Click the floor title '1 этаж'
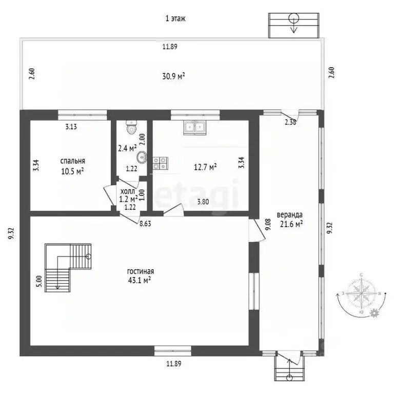click(175, 18)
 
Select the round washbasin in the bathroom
click(142, 157)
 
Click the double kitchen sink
click(194, 127)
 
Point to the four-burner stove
click(160, 163)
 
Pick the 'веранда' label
click(290, 214)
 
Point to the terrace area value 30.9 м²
click(173, 76)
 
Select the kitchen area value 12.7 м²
click(205, 166)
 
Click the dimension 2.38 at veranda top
click(290, 122)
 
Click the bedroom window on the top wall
click(82, 113)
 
